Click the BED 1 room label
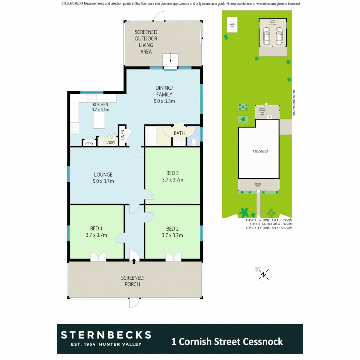pos(96,229)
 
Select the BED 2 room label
pos(172,229)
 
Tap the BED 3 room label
pos(172,173)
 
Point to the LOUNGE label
pos(103,174)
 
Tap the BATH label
pos(179,133)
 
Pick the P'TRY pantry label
pos(89,143)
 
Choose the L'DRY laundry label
pos(110,143)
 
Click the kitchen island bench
pos(99,120)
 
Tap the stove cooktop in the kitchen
pos(74,128)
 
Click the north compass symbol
pos(264,274)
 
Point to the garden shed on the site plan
pos(232,25)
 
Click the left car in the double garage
pos(267,36)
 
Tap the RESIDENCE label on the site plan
pos(260,152)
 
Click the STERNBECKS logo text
pos(106,335)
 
